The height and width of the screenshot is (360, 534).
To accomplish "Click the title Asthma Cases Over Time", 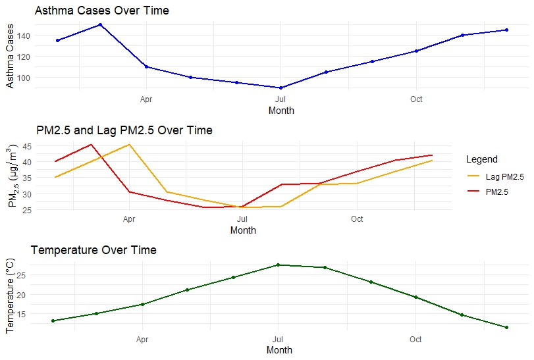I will tap(101, 11).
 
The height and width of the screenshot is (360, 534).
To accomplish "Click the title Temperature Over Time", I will tap(93, 250).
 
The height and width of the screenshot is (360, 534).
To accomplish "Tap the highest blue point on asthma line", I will tap(100, 25).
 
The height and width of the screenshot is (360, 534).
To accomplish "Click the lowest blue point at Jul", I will tap(281, 88).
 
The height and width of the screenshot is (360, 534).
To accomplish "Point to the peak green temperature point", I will tap(279, 265).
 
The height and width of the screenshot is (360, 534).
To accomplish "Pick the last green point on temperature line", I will tap(506, 327).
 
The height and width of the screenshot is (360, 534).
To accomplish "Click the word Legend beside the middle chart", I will tap(481, 159).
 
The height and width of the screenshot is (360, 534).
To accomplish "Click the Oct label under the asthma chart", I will tap(416, 99).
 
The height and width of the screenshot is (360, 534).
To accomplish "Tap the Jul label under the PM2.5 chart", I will tap(243, 219).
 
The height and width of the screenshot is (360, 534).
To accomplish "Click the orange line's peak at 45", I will tap(129, 144).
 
